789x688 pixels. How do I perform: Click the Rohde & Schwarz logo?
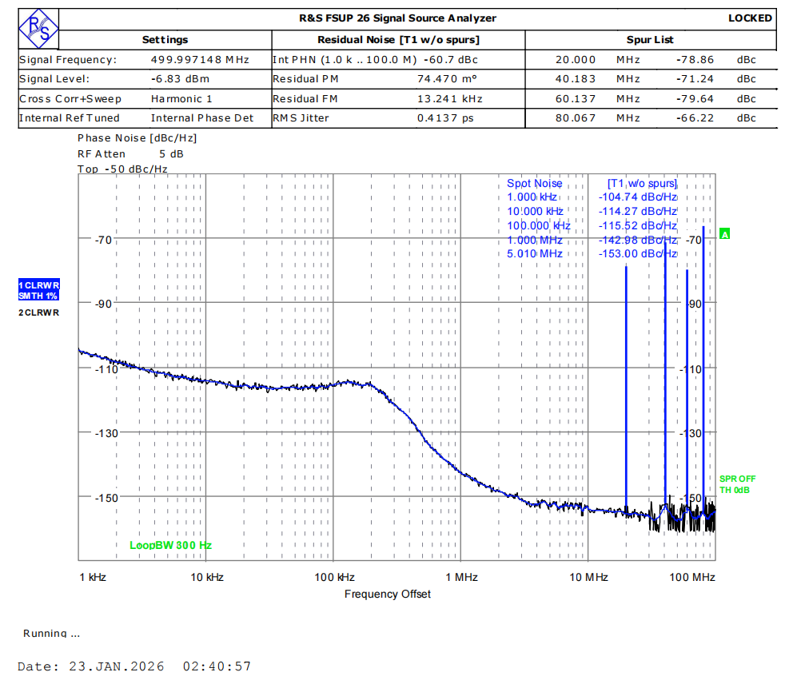pyautogui.click(x=38, y=29)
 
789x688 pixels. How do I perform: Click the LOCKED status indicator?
pyautogui.click(x=750, y=18)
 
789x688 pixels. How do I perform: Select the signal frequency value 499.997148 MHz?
pyautogui.click(x=200, y=59)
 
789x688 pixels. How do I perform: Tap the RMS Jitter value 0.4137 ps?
pyautogui.click(x=445, y=118)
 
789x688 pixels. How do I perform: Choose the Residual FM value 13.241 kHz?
pyautogui.click(x=450, y=98)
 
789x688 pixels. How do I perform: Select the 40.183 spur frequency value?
pyautogui.click(x=576, y=79)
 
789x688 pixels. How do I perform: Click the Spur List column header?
pyautogui.click(x=650, y=39)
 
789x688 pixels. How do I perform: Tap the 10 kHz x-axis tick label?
pyautogui.click(x=207, y=577)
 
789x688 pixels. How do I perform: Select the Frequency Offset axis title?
pyautogui.click(x=388, y=594)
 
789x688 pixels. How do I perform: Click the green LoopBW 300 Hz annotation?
pyautogui.click(x=171, y=545)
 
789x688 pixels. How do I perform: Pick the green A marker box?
pyautogui.click(x=725, y=234)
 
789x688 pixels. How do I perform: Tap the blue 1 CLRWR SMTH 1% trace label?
pyautogui.click(x=39, y=290)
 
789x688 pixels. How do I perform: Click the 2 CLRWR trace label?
pyautogui.click(x=39, y=312)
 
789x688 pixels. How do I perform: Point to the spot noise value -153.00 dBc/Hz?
pyautogui.click(x=637, y=253)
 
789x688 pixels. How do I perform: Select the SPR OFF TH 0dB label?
pyautogui.click(x=737, y=484)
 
